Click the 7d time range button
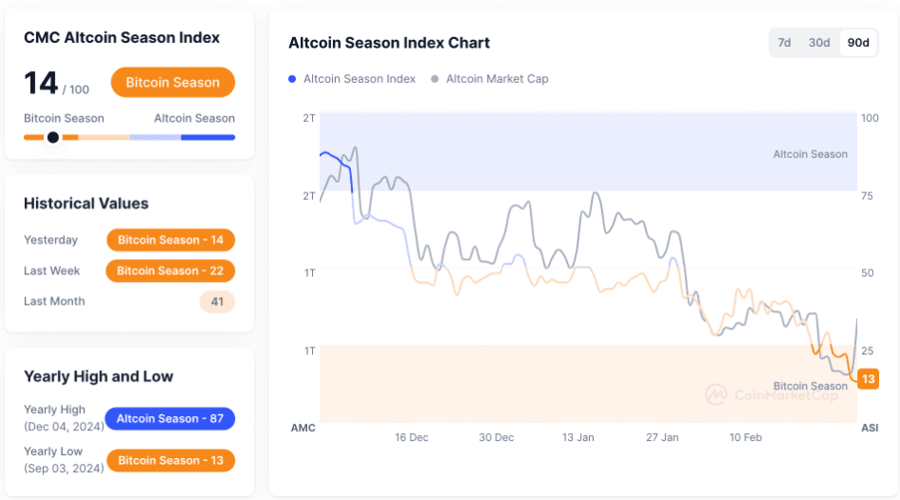[785, 43]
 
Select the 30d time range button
[819, 43]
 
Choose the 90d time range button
[858, 43]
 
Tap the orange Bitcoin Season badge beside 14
[172, 83]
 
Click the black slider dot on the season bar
[53, 137]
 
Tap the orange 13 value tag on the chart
[868, 379]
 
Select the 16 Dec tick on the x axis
[412, 437]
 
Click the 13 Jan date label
[578, 437]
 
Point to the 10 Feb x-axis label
[746, 437]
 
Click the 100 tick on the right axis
[870, 118]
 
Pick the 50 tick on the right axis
[868, 273]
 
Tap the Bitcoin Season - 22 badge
[170, 271]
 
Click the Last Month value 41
[217, 302]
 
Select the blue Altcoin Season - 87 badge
[170, 419]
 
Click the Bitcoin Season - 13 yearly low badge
[170, 461]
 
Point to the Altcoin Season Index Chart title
[389, 43]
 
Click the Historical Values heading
[86, 204]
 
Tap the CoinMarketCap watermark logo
[716, 394]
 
